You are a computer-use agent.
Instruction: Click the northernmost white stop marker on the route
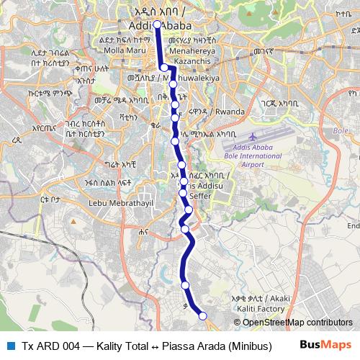pyautogui.click(x=157, y=24)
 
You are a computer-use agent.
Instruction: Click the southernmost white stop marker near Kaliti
pyautogui.click(x=202, y=315)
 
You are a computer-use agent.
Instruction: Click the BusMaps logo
pyautogui.click(x=325, y=345)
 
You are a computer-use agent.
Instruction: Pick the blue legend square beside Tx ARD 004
pyautogui.click(x=9, y=345)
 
